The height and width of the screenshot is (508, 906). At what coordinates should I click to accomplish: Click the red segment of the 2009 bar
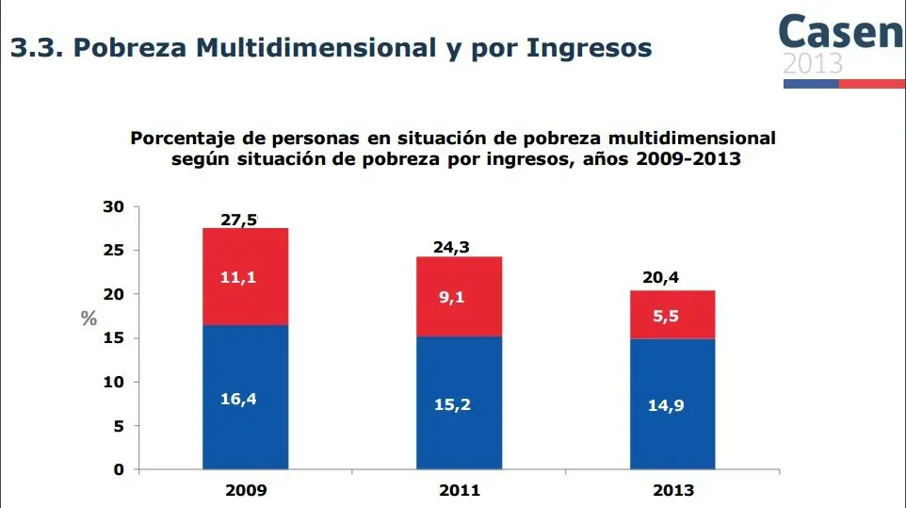(246, 276)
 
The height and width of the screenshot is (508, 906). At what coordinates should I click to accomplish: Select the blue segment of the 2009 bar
(246, 397)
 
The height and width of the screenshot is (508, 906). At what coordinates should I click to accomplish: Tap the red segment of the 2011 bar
(460, 296)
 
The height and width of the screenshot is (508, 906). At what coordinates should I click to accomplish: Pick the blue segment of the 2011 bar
(460, 402)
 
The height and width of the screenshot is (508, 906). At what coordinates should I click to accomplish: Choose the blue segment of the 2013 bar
(673, 403)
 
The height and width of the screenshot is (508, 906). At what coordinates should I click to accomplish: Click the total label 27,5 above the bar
(238, 220)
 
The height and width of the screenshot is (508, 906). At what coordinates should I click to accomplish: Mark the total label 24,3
(452, 248)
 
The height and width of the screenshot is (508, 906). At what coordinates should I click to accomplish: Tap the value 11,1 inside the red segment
(238, 278)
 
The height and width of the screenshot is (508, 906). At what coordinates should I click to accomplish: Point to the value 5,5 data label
(666, 317)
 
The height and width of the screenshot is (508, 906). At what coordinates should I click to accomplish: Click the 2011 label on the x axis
(460, 490)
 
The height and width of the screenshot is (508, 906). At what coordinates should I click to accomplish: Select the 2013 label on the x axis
(673, 490)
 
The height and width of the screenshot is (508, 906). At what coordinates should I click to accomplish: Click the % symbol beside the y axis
(89, 319)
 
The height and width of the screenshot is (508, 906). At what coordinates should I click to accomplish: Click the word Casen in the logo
(840, 32)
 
